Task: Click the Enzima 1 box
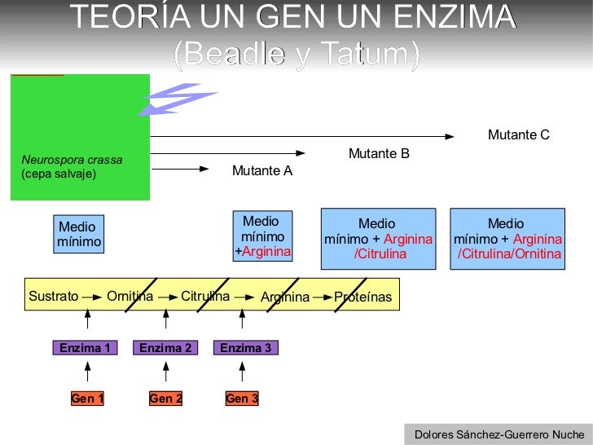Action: tap(85, 348)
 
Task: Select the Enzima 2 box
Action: tap(165, 348)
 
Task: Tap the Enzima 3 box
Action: tap(245, 348)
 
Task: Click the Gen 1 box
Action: tap(87, 399)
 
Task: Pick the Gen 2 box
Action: tap(165, 399)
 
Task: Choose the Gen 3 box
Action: tap(242, 399)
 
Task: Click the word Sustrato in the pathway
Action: tap(54, 297)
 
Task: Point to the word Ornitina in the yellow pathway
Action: tap(130, 297)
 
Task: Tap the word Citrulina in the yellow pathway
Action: tap(205, 297)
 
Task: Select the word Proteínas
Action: tap(362, 297)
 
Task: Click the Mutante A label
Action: tap(261, 171)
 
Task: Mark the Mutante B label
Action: tap(379, 153)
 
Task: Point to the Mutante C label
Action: tap(519, 134)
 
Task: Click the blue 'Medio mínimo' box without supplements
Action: tap(79, 234)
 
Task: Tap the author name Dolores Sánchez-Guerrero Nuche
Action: tap(499, 434)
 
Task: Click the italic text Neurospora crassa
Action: tap(72, 160)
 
